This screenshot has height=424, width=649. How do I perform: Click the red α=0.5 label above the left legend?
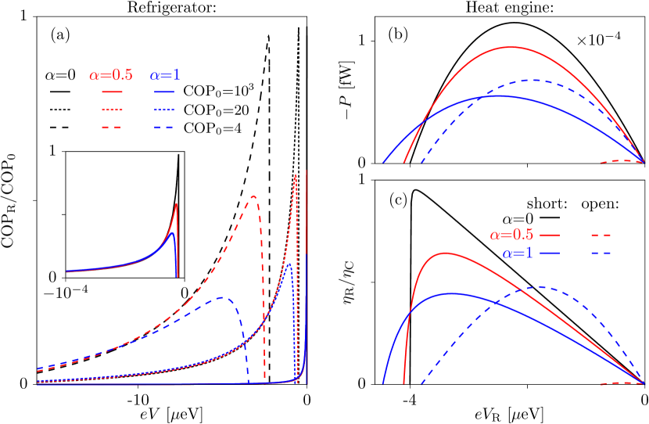[x=110, y=76]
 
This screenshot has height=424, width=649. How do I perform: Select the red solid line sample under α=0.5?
[x=112, y=92]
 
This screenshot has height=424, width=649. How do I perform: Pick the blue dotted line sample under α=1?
[x=164, y=110]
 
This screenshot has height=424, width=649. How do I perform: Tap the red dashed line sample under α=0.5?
[x=112, y=128]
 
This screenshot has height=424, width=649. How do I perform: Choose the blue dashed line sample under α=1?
[x=164, y=128]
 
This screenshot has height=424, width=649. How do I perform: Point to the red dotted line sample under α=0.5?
[x=112, y=110]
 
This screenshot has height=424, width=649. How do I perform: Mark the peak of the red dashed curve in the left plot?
[x=253, y=196]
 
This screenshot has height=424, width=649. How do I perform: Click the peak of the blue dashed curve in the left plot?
[x=222, y=297]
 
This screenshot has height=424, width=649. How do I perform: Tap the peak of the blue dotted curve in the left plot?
[x=290, y=264]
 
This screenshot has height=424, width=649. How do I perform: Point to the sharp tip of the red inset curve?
[x=177, y=203]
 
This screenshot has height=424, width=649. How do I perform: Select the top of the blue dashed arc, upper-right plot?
[x=536, y=80]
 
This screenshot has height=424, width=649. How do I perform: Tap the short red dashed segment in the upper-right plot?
[x=622, y=161]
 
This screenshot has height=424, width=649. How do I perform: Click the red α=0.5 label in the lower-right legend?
[x=511, y=235]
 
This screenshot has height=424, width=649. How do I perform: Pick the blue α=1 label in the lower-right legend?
[x=518, y=253]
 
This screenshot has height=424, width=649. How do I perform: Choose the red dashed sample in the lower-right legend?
[x=601, y=235]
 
